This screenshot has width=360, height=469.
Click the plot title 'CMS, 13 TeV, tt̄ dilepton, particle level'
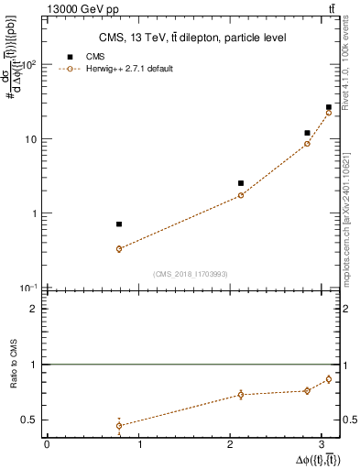pos(191,38)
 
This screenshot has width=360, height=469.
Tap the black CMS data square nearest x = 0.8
pos(119,224)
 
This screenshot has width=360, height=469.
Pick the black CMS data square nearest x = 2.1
pos(241,183)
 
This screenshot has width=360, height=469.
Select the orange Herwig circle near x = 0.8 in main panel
pos(119,249)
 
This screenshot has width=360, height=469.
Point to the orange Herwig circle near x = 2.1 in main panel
pos(241,195)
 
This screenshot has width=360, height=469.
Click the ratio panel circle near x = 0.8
pos(119,425)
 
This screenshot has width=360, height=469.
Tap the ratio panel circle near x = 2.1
pos(241,395)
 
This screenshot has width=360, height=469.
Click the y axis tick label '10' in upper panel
pos(32,139)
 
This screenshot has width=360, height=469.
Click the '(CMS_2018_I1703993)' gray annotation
pos(190,274)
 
